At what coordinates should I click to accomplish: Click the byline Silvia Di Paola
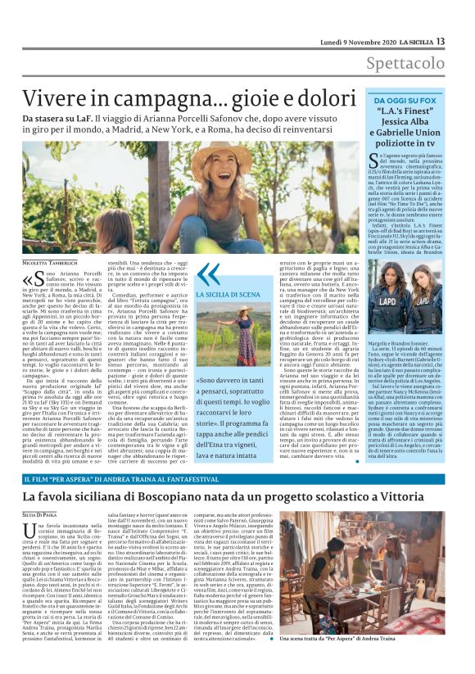tap(41, 513)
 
